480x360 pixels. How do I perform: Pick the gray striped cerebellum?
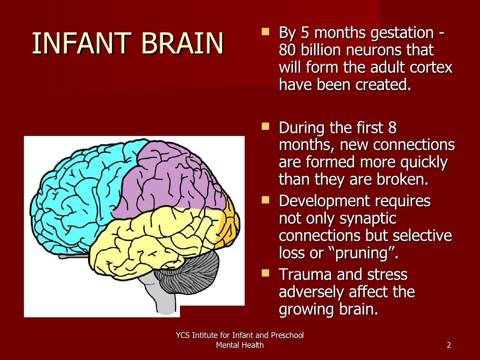192,272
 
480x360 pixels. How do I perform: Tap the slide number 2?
449,345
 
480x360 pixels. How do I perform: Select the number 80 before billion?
287,51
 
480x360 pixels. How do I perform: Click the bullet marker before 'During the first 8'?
266,126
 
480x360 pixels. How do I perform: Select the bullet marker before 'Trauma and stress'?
266,273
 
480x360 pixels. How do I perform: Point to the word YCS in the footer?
183,335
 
